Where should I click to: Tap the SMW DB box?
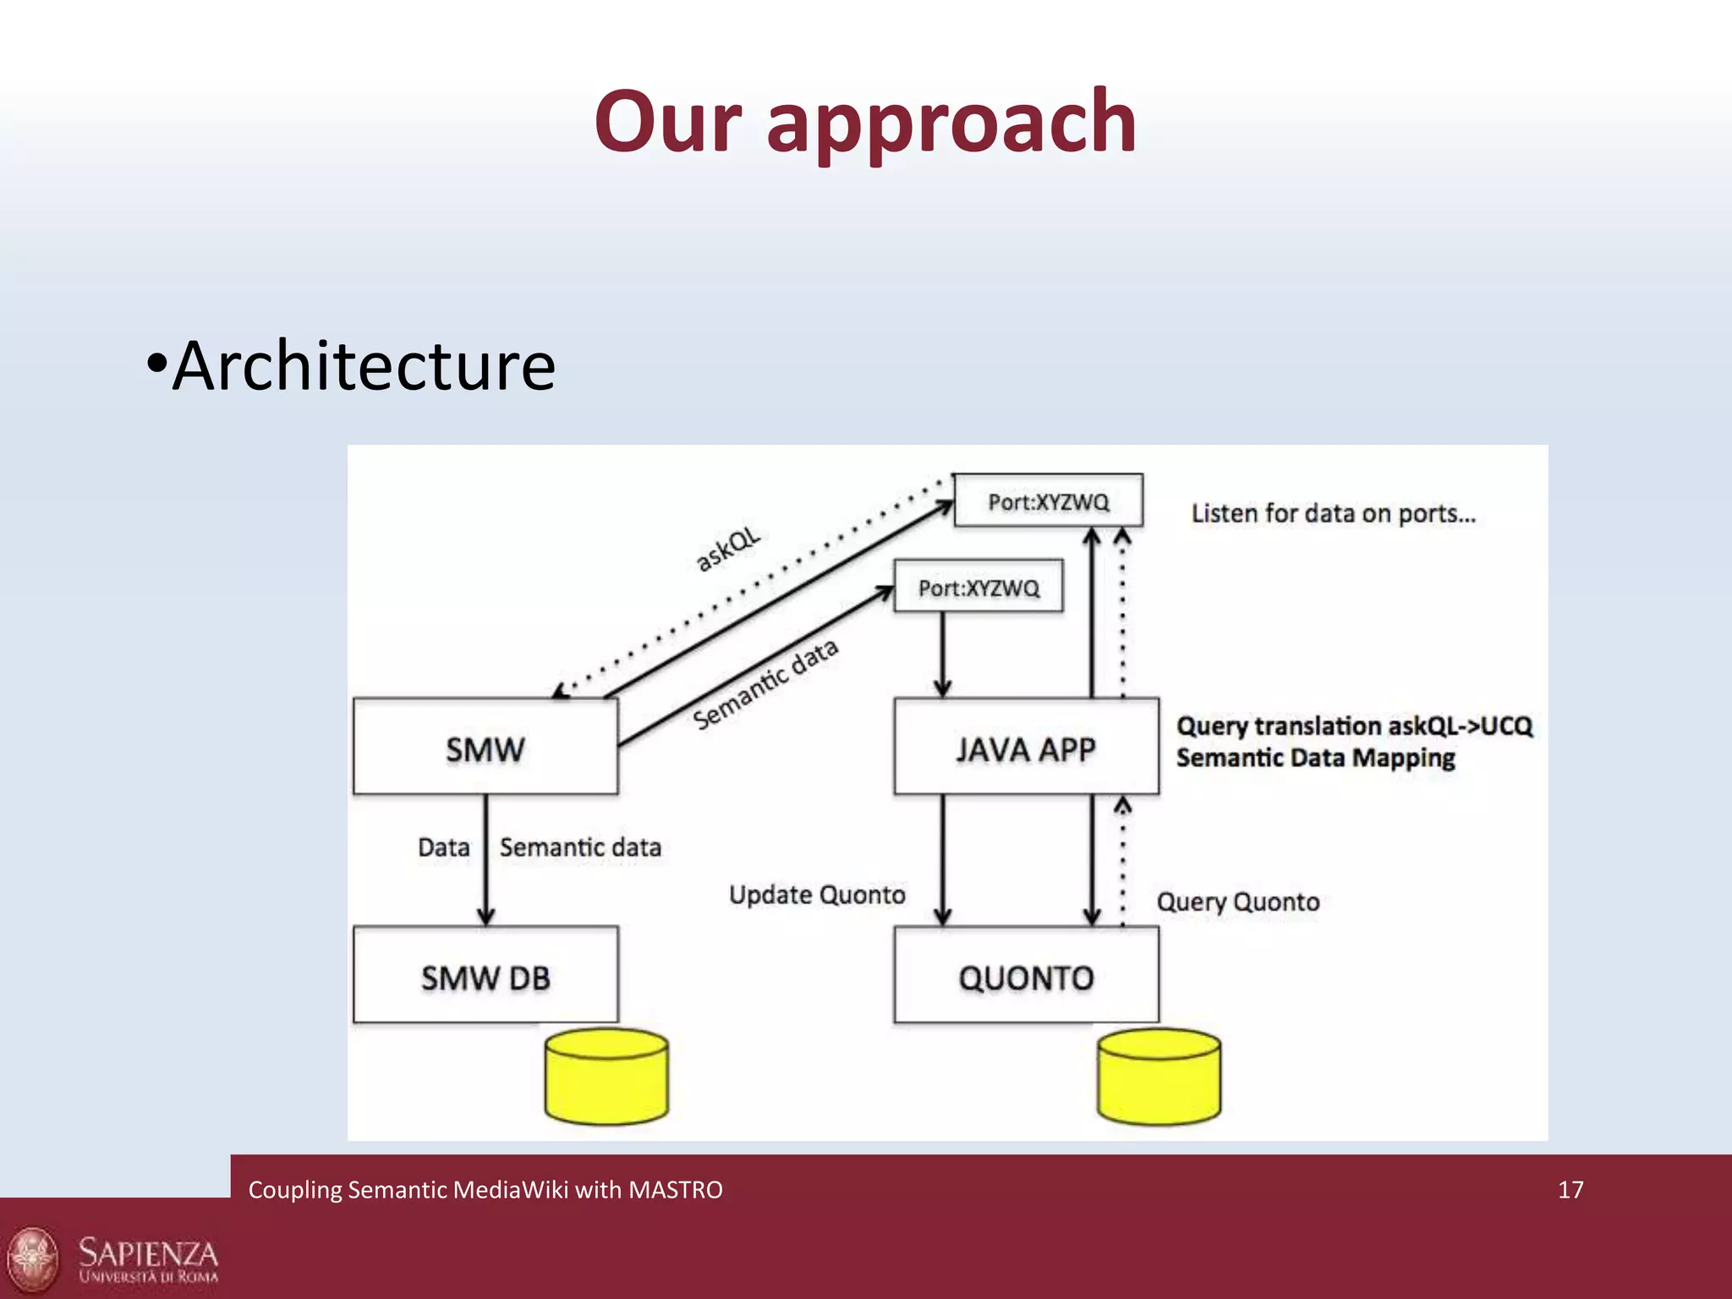click(x=485, y=976)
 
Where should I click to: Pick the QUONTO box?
click(x=1026, y=976)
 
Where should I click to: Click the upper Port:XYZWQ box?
click(x=1048, y=502)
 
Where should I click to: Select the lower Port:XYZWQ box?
click(x=978, y=587)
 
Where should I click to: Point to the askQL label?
click(x=727, y=550)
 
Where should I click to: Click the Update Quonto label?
click(x=817, y=895)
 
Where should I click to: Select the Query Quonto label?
click(x=1237, y=902)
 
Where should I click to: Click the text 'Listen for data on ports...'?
click(x=1333, y=513)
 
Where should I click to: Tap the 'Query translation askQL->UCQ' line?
click(x=1353, y=726)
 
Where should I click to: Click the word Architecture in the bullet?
click(x=364, y=365)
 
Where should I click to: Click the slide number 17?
click(x=1570, y=1190)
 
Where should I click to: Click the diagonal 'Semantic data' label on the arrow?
click(x=765, y=683)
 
